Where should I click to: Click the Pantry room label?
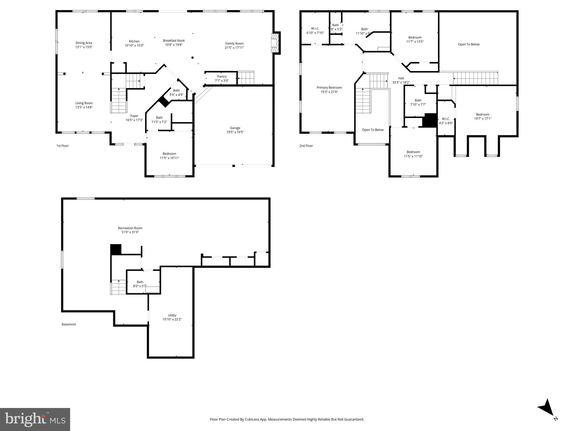click(x=222, y=77)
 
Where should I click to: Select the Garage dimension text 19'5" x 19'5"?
click(x=235, y=132)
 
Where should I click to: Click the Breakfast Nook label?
click(x=174, y=41)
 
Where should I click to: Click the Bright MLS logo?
click(x=35, y=419)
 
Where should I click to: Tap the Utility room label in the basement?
click(x=172, y=315)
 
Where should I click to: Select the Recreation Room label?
click(x=130, y=228)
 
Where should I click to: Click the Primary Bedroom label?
click(x=329, y=88)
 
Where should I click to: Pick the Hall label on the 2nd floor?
click(x=401, y=78)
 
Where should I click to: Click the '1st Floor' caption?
click(x=63, y=146)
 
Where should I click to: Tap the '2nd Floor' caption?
click(x=306, y=146)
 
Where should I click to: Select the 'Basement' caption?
click(x=69, y=324)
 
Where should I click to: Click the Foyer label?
click(x=134, y=116)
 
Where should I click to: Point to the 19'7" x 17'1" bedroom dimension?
click(x=482, y=119)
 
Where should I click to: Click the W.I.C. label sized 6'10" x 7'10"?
click(x=315, y=29)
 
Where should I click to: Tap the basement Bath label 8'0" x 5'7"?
click(x=140, y=282)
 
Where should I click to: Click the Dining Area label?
click(x=84, y=43)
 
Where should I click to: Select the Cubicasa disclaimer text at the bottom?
click(x=287, y=419)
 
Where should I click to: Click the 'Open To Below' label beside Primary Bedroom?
click(x=373, y=130)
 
